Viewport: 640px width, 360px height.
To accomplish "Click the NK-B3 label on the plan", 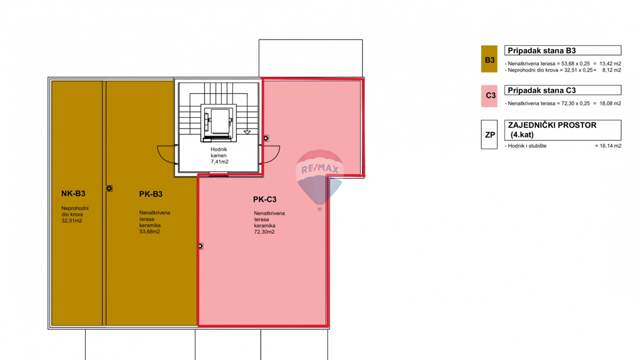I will (73, 194).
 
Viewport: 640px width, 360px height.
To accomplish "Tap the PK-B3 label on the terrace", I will (150, 194).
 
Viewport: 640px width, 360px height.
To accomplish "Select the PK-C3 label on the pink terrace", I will (265, 199).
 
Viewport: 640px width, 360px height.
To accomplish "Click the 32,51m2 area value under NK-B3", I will (72, 221).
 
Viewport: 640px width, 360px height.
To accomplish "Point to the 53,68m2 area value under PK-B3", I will (150, 231).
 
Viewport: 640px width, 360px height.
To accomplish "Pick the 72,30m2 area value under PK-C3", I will (265, 232).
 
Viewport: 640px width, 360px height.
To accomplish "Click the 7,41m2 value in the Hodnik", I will (219, 162).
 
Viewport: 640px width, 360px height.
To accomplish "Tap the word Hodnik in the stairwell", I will (219, 150).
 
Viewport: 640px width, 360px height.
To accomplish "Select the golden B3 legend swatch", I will (489, 59).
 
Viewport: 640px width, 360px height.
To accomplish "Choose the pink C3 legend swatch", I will (489, 96).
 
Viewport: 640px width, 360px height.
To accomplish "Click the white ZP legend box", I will (489, 135).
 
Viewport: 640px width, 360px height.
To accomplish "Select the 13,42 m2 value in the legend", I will (610, 63).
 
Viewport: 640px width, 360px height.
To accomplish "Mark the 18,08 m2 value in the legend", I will (610, 103).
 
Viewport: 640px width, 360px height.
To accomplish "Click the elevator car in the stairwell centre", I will (219, 121).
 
